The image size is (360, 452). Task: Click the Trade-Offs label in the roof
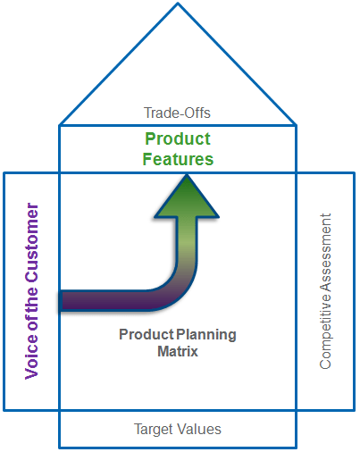pyautogui.click(x=177, y=113)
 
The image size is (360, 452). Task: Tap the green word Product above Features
pyautogui.click(x=178, y=138)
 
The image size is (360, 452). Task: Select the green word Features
pyautogui.click(x=178, y=159)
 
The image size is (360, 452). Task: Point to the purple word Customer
pyautogui.click(x=32, y=242)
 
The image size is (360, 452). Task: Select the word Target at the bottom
pyautogui.click(x=154, y=430)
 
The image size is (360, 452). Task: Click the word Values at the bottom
pyautogui.click(x=199, y=429)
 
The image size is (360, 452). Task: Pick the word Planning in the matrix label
pyautogui.click(x=206, y=335)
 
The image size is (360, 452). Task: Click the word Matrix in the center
pyautogui.click(x=178, y=351)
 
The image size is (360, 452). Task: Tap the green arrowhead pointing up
pyautogui.click(x=187, y=197)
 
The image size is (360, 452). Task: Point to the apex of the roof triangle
pyautogui.click(x=178, y=3)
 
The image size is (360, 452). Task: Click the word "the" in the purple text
pyautogui.click(x=32, y=300)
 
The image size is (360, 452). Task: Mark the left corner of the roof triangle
pyautogui.click(x=60, y=125)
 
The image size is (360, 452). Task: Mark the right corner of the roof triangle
pyautogui.click(x=296, y=125)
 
